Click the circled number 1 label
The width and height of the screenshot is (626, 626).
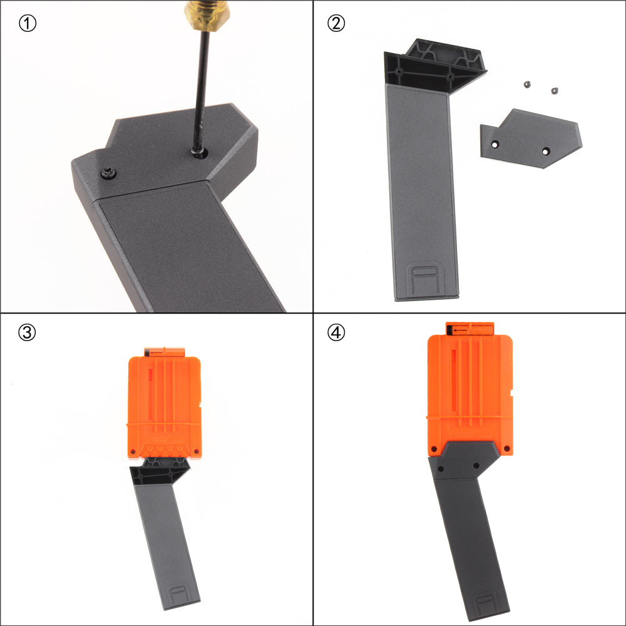click(28, 24)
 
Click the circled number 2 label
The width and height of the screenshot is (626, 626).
click(336, 24)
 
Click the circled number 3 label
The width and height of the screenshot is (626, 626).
click(27, 332)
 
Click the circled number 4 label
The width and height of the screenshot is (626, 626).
click(336, 332)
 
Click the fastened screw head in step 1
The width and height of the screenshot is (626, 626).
click(108, 173)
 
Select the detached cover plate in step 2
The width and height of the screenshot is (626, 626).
click(531, 138)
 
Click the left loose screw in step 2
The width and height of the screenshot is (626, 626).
click(527, 85)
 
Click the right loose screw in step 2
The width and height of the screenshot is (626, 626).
click(555, 91)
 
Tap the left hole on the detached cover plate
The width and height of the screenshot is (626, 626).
click(495, 145)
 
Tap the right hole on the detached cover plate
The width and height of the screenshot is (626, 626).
click(546, 151)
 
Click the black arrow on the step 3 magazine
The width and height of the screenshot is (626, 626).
click(156, 352)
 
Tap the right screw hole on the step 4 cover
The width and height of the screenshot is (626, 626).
click(476, 466)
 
